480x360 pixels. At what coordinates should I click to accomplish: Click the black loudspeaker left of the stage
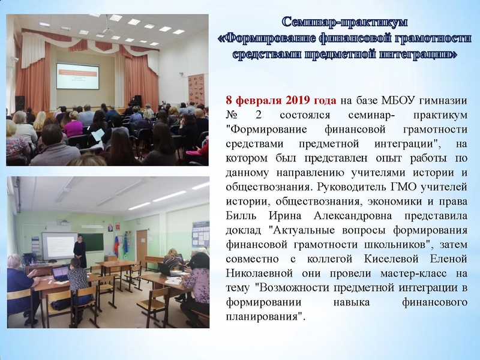[20, 103]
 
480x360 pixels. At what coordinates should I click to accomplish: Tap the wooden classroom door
[142, 243]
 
